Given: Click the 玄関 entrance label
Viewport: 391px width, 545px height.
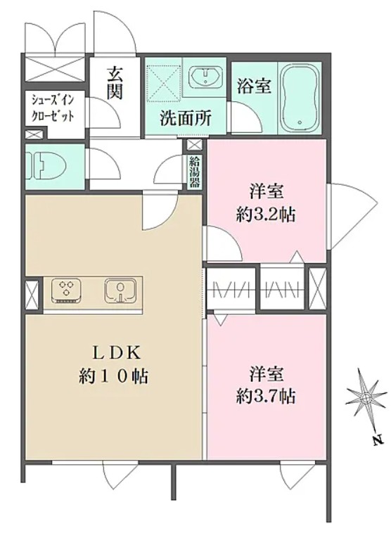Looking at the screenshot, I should (x=117, y=83).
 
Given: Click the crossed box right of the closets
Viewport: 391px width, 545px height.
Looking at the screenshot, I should (x=317, y=288).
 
